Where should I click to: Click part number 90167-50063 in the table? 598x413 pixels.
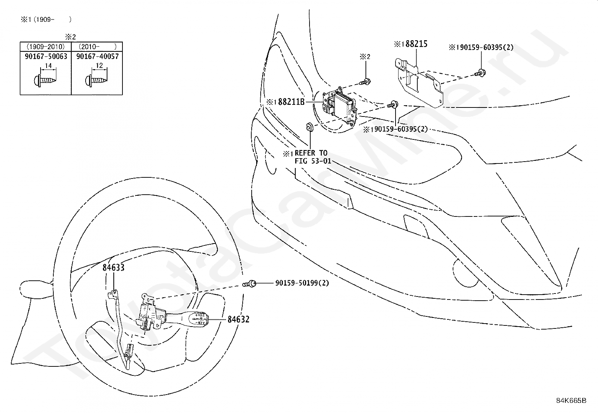[x=45, y=56]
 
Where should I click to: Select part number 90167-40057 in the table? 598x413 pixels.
[x=97, y=56]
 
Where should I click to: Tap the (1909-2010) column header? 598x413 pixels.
[x=45, y=47]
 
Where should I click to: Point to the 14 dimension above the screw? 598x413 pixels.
[x=48, y=66]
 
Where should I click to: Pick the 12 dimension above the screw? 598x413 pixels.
[x=99, y=66]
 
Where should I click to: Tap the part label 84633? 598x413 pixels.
[x=113, y=268]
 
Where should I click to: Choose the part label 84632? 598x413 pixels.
[x=238, y=319]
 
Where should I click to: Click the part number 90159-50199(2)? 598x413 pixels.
[x=302, y=283]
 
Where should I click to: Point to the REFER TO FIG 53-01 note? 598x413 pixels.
[x=311, y=157]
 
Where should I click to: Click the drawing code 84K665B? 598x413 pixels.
[x=571, y=400]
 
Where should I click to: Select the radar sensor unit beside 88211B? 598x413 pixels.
[x=340, y=106]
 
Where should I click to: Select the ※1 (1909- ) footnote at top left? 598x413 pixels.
[x=45, y=19]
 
